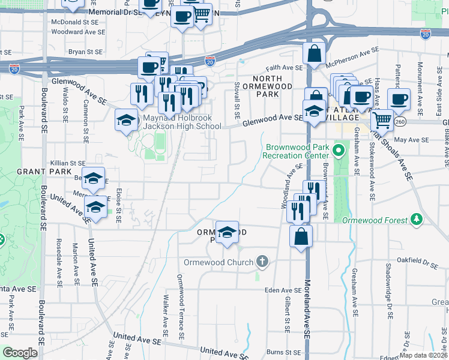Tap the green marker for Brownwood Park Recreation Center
339,150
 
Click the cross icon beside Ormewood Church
261,262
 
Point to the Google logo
20,353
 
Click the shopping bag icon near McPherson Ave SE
314,55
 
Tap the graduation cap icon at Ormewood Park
228,233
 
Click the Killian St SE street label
68,163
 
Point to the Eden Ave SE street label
282,290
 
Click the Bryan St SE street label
83,52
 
